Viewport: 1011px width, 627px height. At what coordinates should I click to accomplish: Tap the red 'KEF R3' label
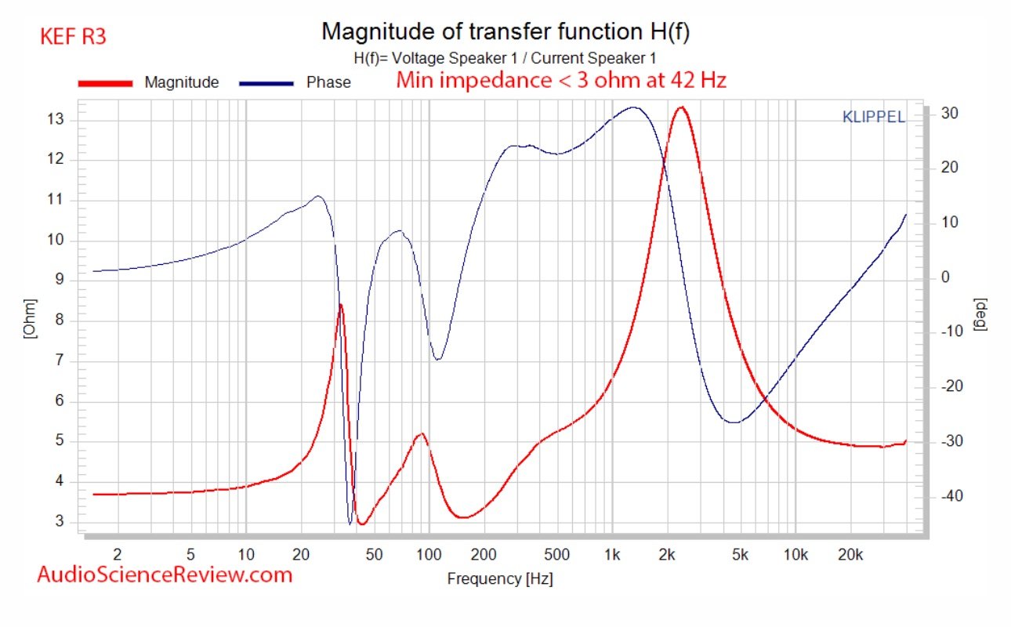(x=72, y=36)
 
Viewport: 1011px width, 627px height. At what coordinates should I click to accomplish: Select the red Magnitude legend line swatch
(x=105, y=82)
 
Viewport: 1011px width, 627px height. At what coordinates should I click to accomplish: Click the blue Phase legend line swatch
(x=267, y=82)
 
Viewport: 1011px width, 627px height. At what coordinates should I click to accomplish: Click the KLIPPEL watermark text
(x=873, y=118)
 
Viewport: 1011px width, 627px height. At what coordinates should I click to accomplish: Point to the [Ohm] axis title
(x=29, y=318)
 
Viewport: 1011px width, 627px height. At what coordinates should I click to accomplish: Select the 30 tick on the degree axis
(x=948, y=114)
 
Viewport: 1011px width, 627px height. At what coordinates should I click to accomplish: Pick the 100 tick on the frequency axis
(x=429, y=555)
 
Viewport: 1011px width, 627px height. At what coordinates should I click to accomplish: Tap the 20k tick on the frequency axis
(x=850, y=555)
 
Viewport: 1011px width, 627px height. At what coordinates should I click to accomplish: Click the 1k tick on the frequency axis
(x=612, y=555)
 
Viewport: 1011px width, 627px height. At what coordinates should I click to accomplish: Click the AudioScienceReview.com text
(x=165, y=574)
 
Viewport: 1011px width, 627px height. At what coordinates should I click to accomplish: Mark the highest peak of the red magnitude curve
(x=681, y=107)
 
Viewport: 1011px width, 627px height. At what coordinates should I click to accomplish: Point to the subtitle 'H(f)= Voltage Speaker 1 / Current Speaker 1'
(x=505, y=58)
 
